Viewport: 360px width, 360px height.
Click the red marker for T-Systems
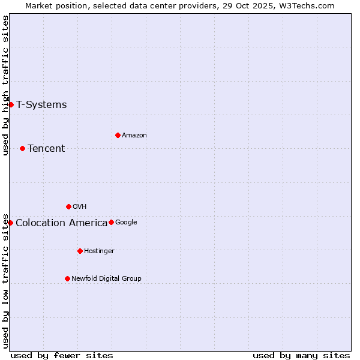coord(11,105)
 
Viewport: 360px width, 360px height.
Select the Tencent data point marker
coord(22,148)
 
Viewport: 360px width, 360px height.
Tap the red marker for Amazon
coord(118,135)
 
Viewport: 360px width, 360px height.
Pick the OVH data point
coord(68,206)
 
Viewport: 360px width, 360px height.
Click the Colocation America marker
coord(10,223)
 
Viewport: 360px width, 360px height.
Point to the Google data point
coord(111,222)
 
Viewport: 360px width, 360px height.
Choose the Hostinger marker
coord(80,251)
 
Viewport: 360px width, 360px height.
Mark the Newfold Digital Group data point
coord(67,278)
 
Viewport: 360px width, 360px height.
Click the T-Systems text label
coord(41,105)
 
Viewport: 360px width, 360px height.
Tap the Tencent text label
coord(46,149)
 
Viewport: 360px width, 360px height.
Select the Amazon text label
coord(134,136)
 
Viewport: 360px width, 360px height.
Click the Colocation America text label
coord(61,223)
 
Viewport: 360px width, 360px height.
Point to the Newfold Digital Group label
coord(106,278)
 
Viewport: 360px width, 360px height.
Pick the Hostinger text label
coord(99,251)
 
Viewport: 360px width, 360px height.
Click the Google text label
coord(126,223)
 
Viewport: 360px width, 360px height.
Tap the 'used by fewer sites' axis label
coord(62,355)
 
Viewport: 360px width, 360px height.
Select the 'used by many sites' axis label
coord(301,355)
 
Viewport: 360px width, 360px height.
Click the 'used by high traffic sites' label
coord(5,85)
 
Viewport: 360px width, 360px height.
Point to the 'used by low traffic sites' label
coord(5,280)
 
